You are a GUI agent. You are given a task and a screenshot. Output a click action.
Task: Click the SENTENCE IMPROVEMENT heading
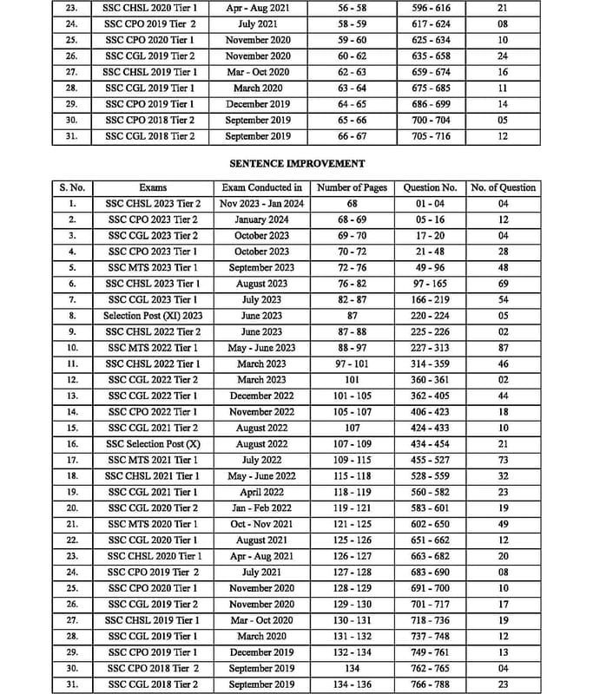click(x=296, y=162)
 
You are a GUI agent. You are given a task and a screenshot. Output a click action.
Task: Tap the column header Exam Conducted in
click(x=261, y=187)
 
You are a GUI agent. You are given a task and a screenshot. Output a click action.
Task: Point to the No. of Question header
click(x=503, y=187)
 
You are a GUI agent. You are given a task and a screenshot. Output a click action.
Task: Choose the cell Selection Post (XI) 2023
click(x=153, y=316)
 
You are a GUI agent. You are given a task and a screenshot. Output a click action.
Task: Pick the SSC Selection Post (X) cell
click(x=153, y=444)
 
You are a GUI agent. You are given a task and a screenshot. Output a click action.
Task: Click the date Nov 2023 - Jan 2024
click(x=261, y=204)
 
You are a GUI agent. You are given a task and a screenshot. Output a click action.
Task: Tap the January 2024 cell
click(x=261, y=219)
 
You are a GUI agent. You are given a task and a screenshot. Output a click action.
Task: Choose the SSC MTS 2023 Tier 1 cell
click(x=153, y=268)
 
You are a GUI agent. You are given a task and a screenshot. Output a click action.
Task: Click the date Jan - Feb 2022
click(x=261, y=508)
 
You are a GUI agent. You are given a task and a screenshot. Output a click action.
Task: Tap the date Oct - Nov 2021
click(x=261, y=524)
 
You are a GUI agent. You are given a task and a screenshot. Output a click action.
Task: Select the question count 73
click(x=503, y=460)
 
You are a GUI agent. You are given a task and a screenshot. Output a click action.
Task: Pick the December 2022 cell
click(x=261, y=396)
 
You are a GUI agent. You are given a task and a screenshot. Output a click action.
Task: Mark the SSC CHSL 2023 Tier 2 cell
click(x=153, y=204)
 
